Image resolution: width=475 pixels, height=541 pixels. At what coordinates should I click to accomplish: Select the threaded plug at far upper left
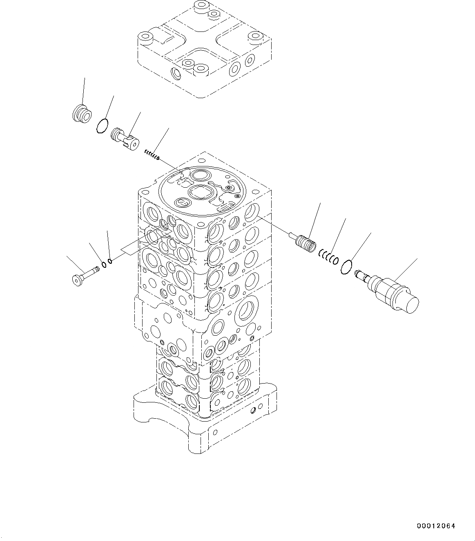pos(82,114)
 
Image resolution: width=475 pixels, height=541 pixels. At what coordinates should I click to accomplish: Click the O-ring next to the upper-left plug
pos(103,126)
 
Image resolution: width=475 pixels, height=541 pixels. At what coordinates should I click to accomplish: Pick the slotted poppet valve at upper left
pos(125,139)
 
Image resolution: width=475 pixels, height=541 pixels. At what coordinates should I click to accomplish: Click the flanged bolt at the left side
pos(86,276)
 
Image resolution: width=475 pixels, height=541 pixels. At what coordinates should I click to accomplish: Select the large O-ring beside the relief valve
pos(346,267)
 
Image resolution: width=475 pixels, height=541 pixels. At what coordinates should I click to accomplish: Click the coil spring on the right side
pos(329,256)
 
